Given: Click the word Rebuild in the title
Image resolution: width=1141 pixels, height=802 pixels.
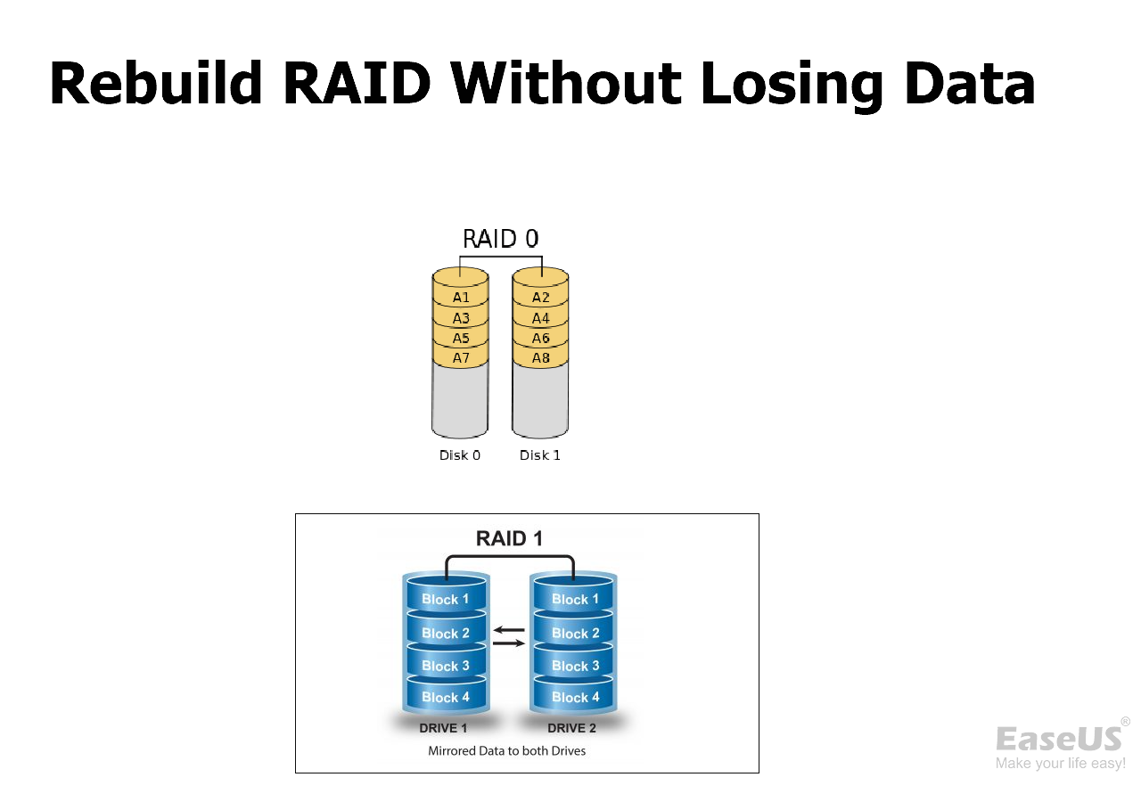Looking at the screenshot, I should tap(156, 84).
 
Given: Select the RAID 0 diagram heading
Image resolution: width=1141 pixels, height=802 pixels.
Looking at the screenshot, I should tap(500, 239).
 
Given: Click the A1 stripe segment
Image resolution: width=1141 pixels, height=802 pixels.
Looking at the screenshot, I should tap(460, 297).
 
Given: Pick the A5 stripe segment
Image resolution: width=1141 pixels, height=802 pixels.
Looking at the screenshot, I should tap(460, 338).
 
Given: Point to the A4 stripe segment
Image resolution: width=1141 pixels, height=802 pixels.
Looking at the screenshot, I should tap(540, 318).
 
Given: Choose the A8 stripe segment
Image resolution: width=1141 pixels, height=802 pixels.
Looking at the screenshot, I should tap(540, 358).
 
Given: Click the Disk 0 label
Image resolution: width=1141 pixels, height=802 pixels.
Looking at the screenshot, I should tap(460, 455).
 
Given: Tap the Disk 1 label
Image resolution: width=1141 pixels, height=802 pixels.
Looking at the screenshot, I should tap(540, 455).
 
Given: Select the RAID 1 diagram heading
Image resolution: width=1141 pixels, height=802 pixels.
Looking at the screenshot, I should tap(509, 538).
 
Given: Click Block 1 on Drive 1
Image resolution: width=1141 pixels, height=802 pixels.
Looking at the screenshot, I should tap(445, 600).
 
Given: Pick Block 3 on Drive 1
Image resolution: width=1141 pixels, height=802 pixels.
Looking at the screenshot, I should tap(445, 666).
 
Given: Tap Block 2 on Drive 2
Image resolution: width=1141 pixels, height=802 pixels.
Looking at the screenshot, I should tap(575, 634).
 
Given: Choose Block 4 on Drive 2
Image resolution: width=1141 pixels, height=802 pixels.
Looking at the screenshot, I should tap(575, 698).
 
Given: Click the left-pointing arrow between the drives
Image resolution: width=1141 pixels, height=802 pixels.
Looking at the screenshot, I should tap(509, 630).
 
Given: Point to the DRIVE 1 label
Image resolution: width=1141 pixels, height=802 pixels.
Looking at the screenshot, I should tap(444, 728).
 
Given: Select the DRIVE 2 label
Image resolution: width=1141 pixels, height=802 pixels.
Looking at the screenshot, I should tap(571, 728).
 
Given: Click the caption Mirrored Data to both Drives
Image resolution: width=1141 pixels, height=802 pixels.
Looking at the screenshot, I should tap(506, 751).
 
